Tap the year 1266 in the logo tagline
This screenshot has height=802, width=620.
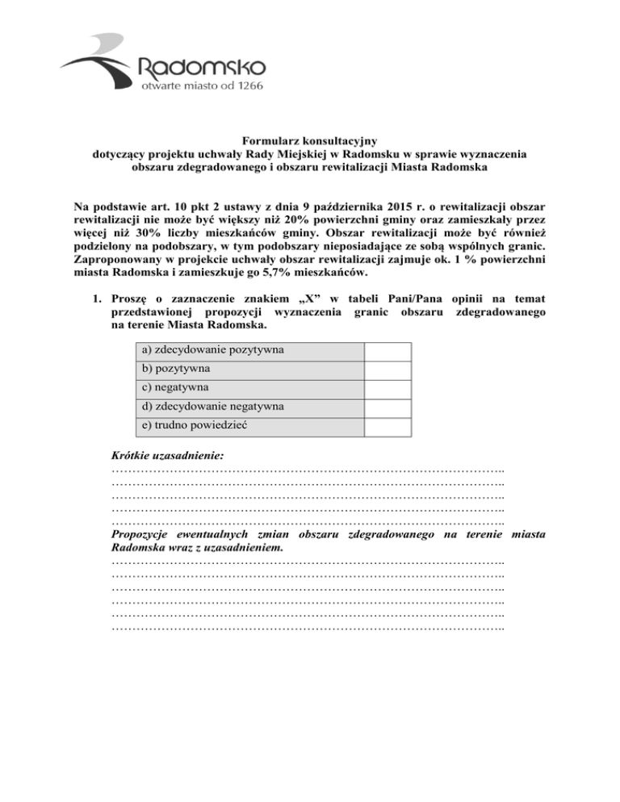(x=245, y=85)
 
